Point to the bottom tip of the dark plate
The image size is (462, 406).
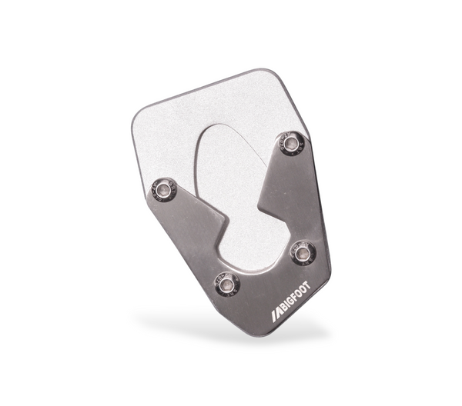258,333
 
